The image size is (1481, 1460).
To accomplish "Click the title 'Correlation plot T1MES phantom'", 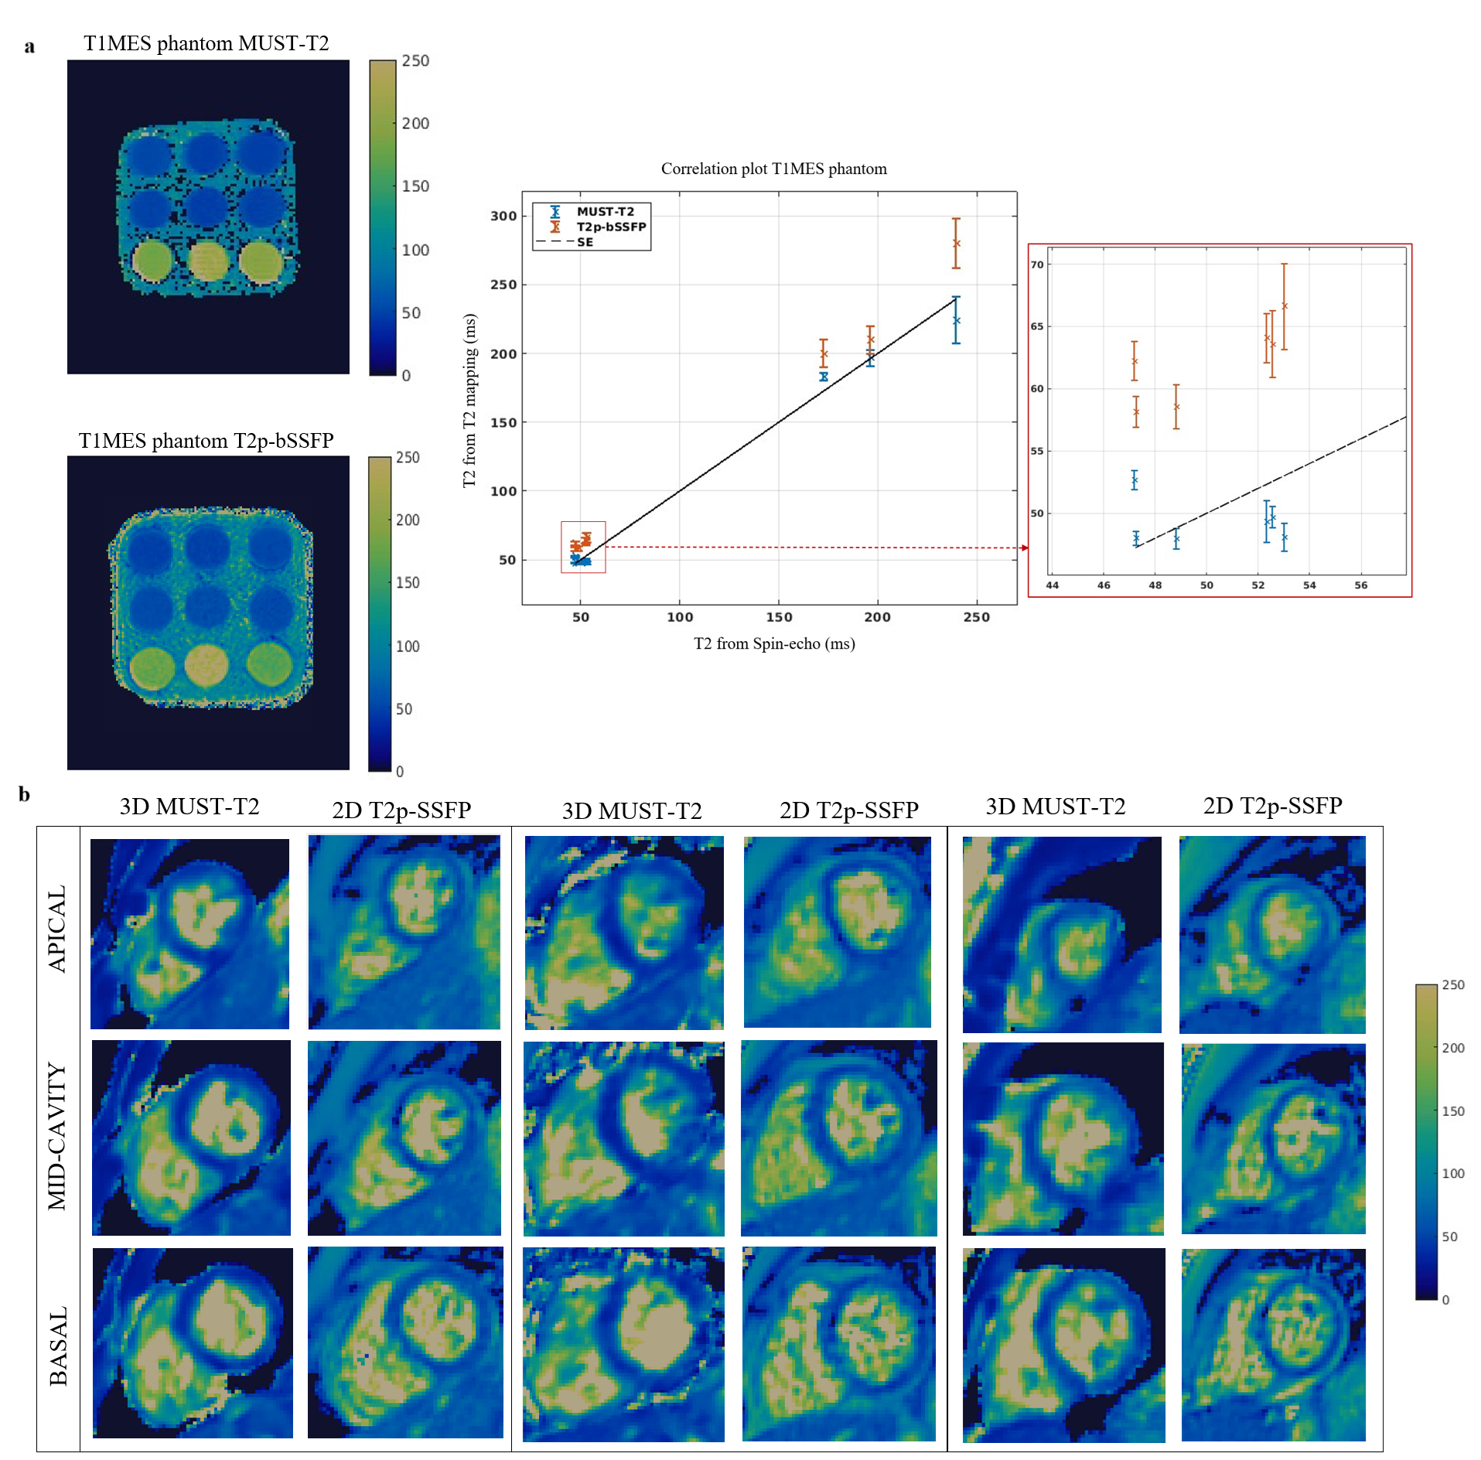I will coord(773,169).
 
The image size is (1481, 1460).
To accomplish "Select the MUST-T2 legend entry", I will coord(605,211).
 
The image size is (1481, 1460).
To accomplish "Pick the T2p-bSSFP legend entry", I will coord(611,227).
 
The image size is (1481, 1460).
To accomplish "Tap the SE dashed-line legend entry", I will coord(585,242).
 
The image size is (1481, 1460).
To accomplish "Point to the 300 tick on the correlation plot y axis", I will coord(503,216).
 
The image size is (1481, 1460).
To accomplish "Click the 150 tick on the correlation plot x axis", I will coord(779,617).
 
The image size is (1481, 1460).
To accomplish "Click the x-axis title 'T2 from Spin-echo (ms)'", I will coord(774,643).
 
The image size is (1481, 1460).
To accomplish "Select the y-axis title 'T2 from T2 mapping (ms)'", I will coord(469,401).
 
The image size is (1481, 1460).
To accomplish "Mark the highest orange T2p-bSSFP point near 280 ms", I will coord(957,243).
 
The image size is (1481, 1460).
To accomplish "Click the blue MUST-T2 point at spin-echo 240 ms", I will coord(957,320).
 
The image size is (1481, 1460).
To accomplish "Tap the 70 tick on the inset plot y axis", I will coord(1037,264).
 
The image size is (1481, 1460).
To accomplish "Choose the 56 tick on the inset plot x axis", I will coord(1360,585).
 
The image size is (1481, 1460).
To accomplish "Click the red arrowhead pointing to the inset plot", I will coord(1024,547).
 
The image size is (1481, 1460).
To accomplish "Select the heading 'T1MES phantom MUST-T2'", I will coord(206,43).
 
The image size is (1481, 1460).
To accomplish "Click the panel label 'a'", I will coord(29,46).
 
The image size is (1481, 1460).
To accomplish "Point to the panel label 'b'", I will coord(25,794).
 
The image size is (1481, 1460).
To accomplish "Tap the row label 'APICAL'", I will coord(57,928).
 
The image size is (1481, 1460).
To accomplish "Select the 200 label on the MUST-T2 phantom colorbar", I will coord(415,124).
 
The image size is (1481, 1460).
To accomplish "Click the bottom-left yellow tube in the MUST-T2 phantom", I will coord(152,261).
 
